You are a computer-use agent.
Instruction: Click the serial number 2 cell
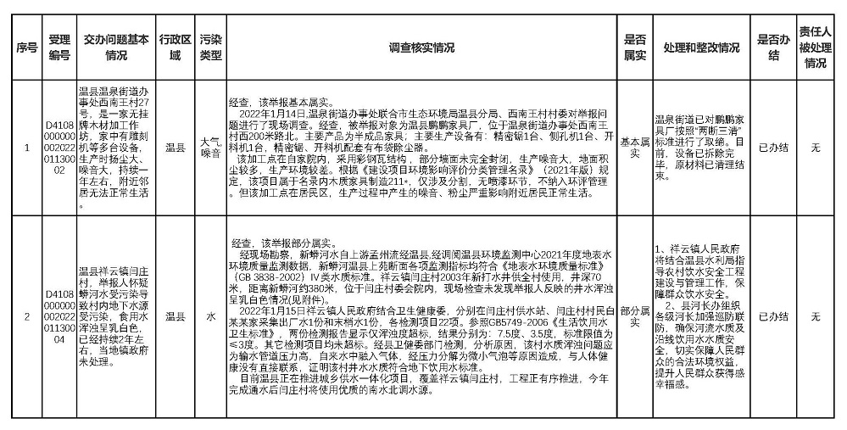coord(26,316)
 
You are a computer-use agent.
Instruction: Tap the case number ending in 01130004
coord(59,316)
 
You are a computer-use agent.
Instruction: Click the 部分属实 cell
coord(635,316)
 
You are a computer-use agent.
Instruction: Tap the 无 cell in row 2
coord(816,316)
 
